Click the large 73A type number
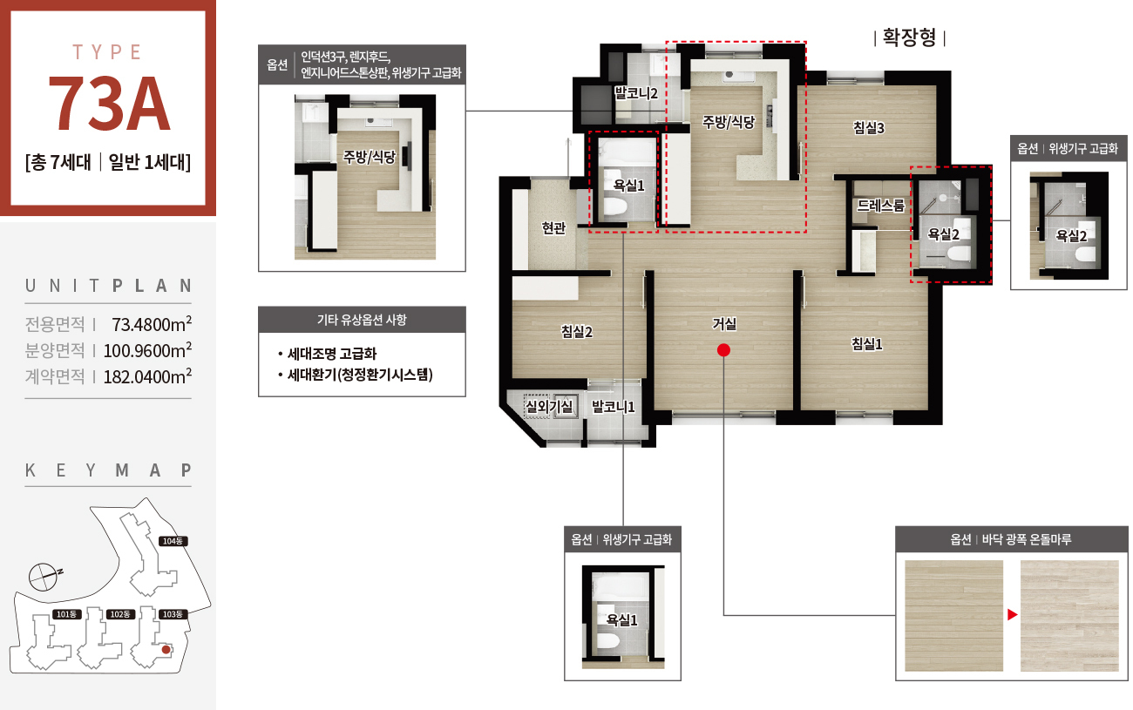click(x=109, y=105)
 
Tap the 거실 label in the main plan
click(x=723, y=324)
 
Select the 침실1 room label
click(x=867, y=344)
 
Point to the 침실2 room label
click(x=576, y=332)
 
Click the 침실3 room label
click(x=869, y=128)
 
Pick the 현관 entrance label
click(x=553, y=228)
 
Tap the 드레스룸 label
click(x=880, y=206)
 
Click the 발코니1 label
click(x=613, y=407)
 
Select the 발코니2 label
click(x=636, y=93)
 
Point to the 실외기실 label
click(x=549, y=406)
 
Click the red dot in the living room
click(x=723, y=350)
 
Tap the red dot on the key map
click(x=166, y=650)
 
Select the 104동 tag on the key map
click(x=173, y=541)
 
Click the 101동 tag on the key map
click(x=67, y=614)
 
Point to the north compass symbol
click(x=44, y=577)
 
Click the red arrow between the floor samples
click(x=1012, y=615)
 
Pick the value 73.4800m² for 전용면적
click(x=152, y=324)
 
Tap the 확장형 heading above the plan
click(x=909, y=37)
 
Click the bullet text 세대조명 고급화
click(x=332, y=354)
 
